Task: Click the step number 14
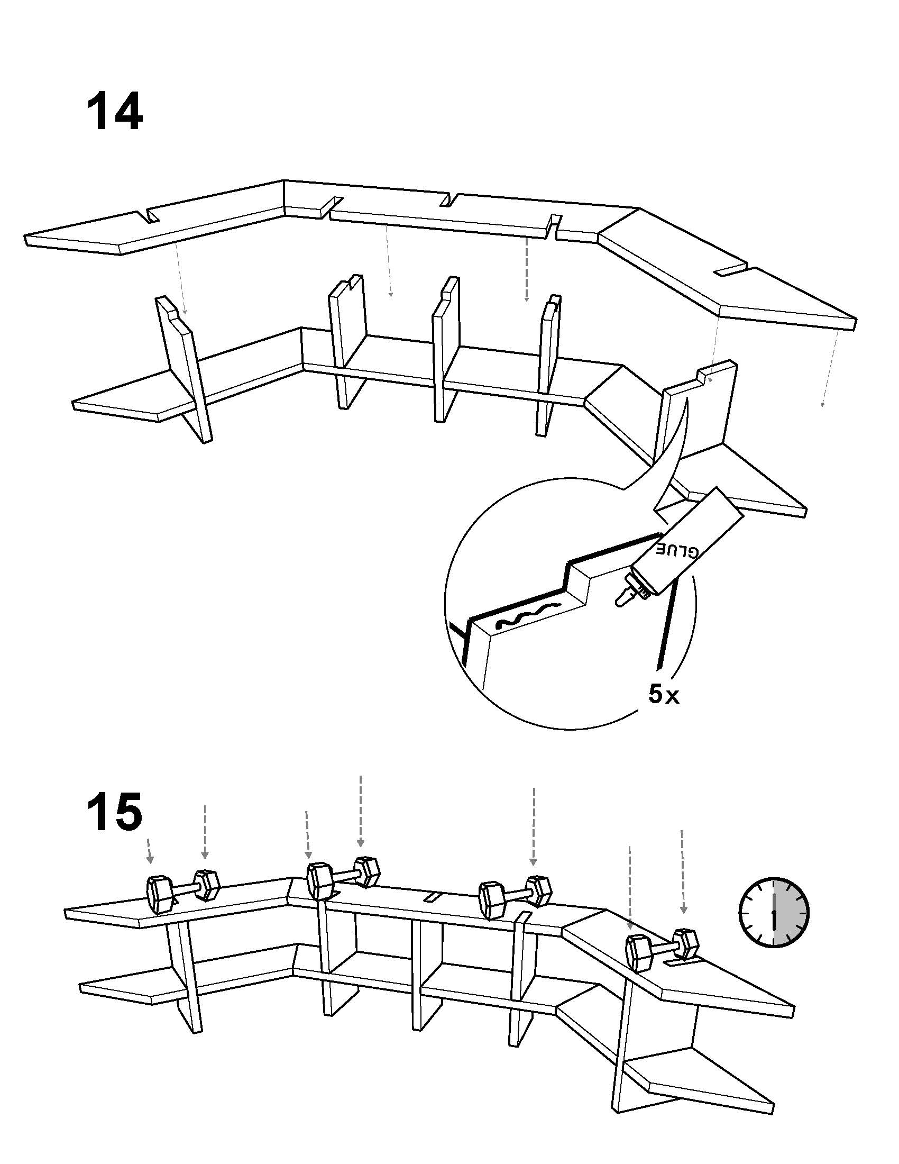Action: (x=115, y=112)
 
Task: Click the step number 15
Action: (x=115, y=811)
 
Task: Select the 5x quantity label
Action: (x=664, y=695)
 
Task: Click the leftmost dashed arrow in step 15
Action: (x=149, y=850)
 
